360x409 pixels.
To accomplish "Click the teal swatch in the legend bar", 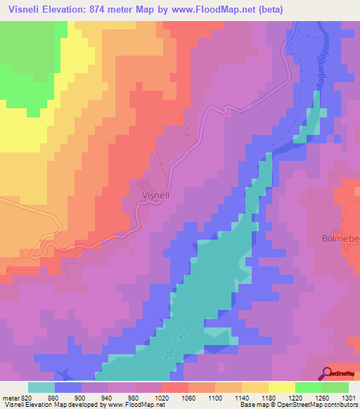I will point(41,387).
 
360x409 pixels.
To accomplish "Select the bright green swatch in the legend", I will point(309,387).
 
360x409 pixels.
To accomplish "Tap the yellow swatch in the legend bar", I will point(282,387).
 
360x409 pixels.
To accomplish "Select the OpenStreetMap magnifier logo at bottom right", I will point(328,372).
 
